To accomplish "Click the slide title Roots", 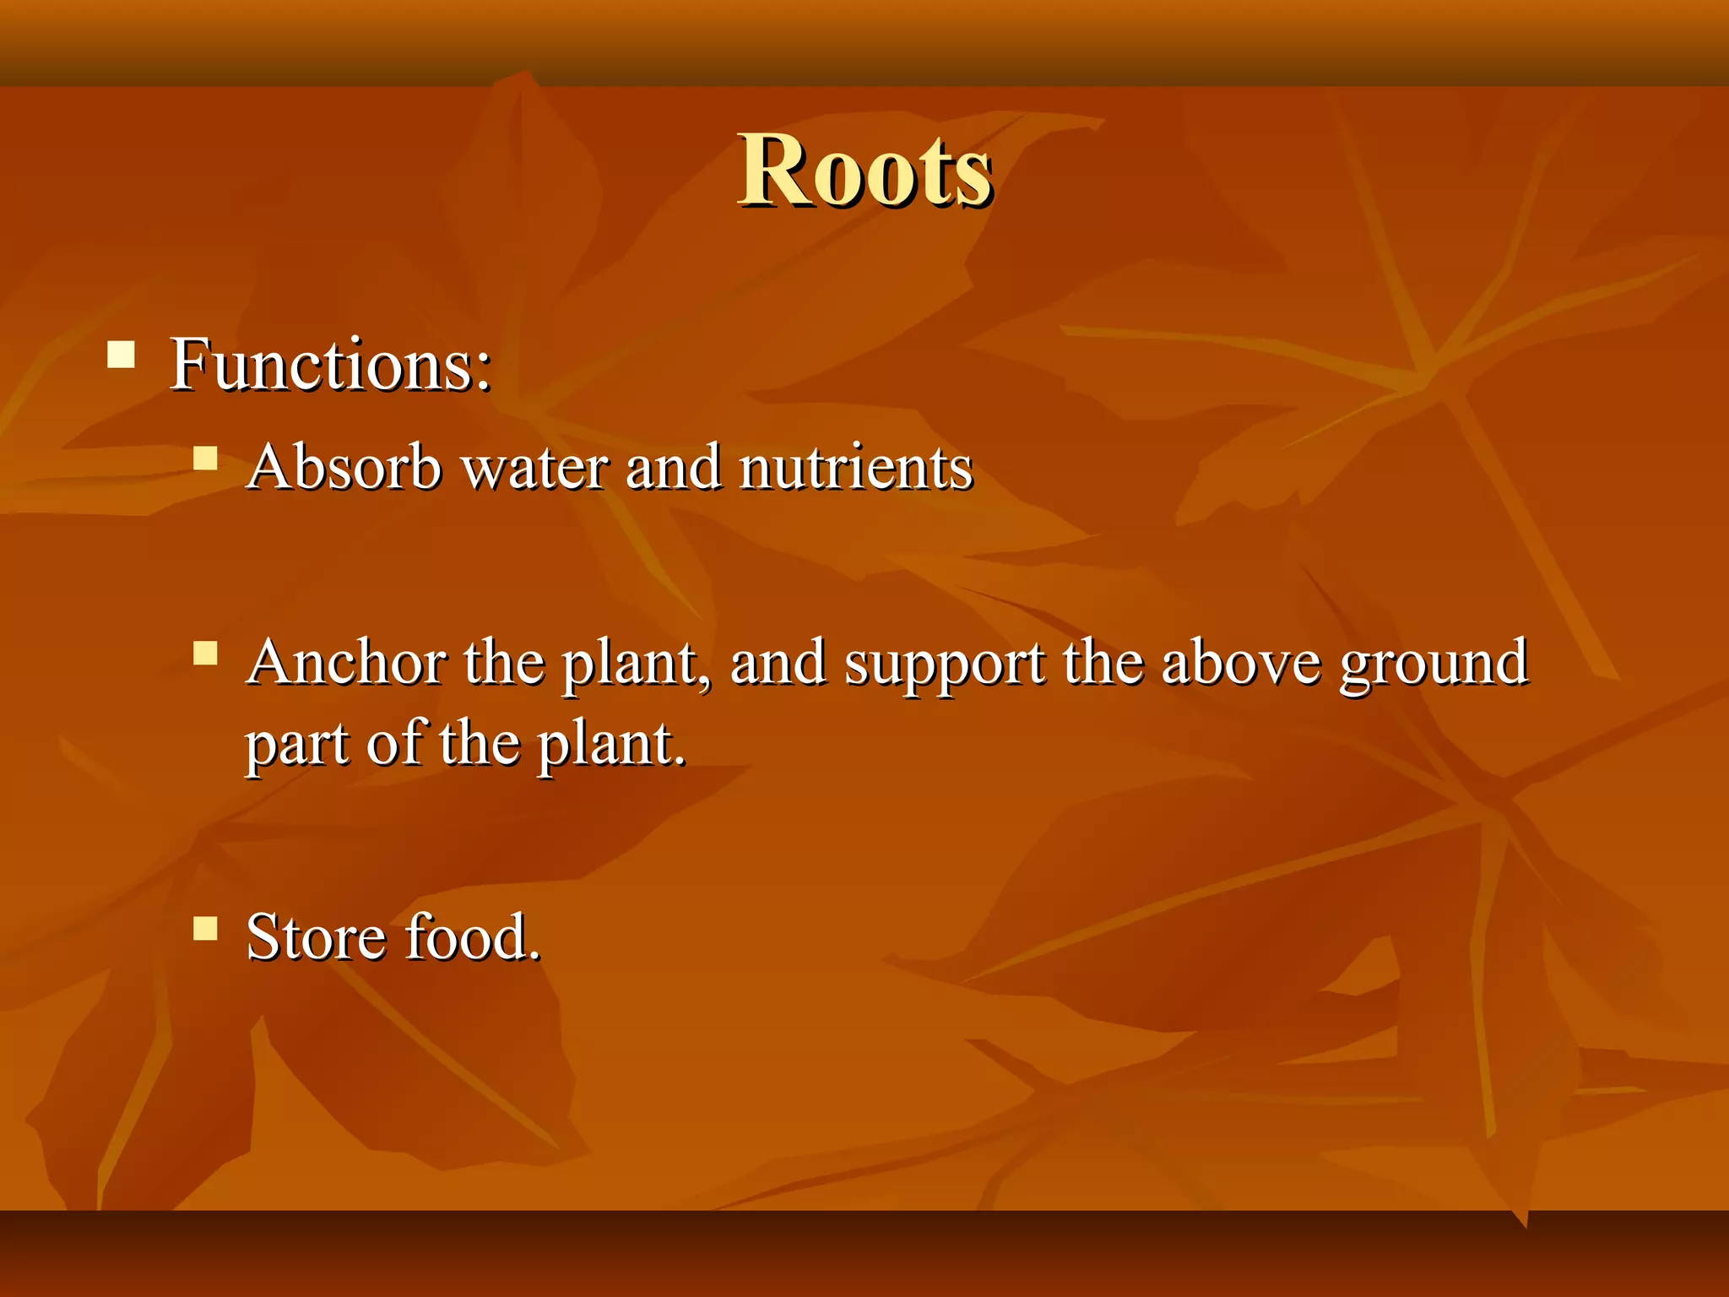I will click(x=864, y=171).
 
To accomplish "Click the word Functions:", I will click(x=330, y=365).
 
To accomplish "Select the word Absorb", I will click(x=344, y=466).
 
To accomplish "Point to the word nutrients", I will click(x=855, y=467).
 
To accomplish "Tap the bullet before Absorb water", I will click(x=205, y=459).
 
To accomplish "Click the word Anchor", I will click(x=346, y=662).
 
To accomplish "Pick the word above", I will click(x=1240, y=662).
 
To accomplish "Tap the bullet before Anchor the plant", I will click(x=205, y=653).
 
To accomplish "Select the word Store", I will click(x=316, y=937).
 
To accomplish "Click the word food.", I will click(x=473, y=937).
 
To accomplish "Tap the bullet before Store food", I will click(x=205, y=929).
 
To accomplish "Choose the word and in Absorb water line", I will click(x=673, y=466).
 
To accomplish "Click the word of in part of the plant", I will click(x=398, y=743).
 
